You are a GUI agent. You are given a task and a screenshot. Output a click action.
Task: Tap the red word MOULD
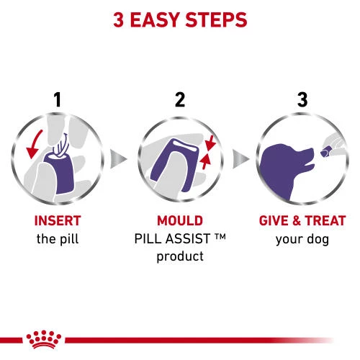(x=180, y=220)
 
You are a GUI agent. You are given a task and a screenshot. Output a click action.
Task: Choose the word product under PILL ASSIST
(x=180, y=256)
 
